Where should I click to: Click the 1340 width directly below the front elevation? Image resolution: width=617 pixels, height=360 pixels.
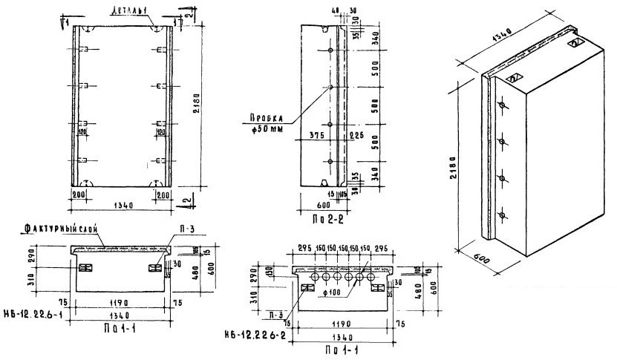pos(123,205)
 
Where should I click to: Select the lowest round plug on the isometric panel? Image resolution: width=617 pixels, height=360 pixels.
pos(503,215)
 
